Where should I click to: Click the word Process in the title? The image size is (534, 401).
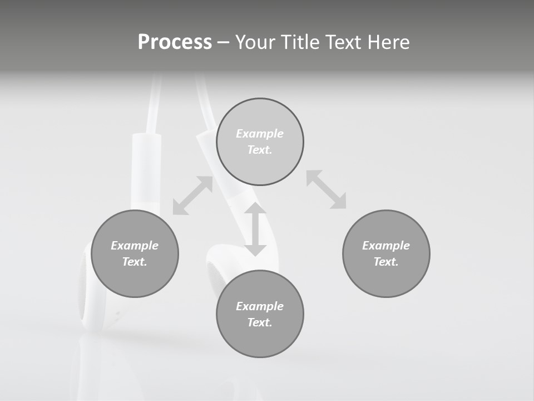pos(175,42)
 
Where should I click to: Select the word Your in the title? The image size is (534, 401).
pos(256,42)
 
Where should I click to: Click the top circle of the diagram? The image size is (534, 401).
pos(260,142)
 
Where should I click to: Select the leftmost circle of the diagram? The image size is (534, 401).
pos(135,254)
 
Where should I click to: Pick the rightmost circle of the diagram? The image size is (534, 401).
pos(386,254)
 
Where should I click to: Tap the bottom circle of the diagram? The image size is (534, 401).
pos(260,314)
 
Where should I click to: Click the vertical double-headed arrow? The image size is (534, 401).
pos(255,229)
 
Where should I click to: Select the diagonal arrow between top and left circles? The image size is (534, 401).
pos(192,195)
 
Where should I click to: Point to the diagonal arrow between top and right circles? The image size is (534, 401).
pos(326,189)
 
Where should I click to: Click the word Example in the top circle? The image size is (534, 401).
pos(260,134)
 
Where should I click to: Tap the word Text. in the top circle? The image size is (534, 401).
pos(260,150)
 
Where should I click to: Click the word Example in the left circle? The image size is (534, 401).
pos(135,246)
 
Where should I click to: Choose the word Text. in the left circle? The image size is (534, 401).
pos(135,262)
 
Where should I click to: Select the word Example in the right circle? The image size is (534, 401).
pos(386,246)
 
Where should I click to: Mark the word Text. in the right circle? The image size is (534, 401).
pos(386,262)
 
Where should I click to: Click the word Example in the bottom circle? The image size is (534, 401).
pos(260,306)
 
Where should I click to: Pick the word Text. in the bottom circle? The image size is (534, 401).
pos(260,322)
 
